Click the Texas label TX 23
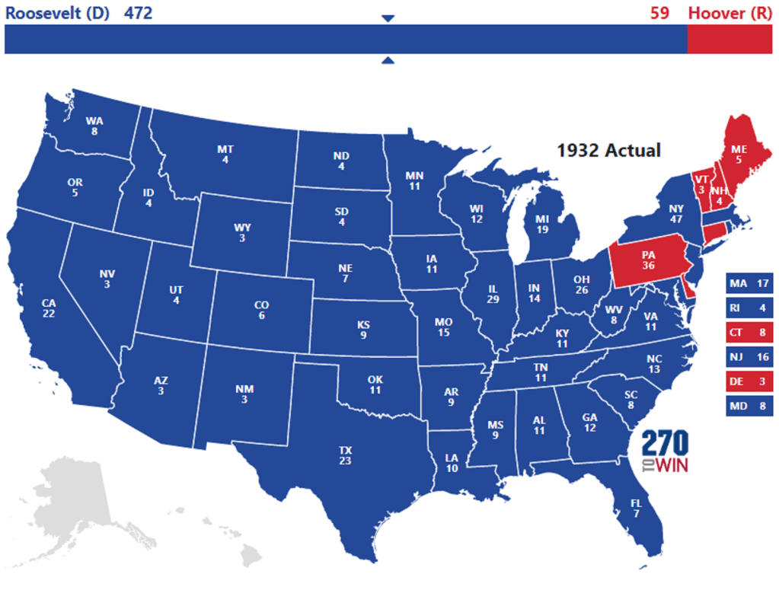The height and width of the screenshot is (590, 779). (346, 455)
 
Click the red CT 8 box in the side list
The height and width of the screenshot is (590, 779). (749, 332)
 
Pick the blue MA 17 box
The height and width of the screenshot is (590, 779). (749, 284)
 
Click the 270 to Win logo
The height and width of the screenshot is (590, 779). (664, 451)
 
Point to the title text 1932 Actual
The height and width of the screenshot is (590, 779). (608, 150)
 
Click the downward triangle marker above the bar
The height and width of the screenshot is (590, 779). (388, 18)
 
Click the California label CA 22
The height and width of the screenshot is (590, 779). (49, 308)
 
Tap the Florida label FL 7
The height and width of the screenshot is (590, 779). (636, 508)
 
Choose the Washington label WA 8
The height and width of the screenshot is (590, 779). (94, 125)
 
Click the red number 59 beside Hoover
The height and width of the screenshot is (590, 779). (659, 12)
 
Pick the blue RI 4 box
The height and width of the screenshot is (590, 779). (749, 308)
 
